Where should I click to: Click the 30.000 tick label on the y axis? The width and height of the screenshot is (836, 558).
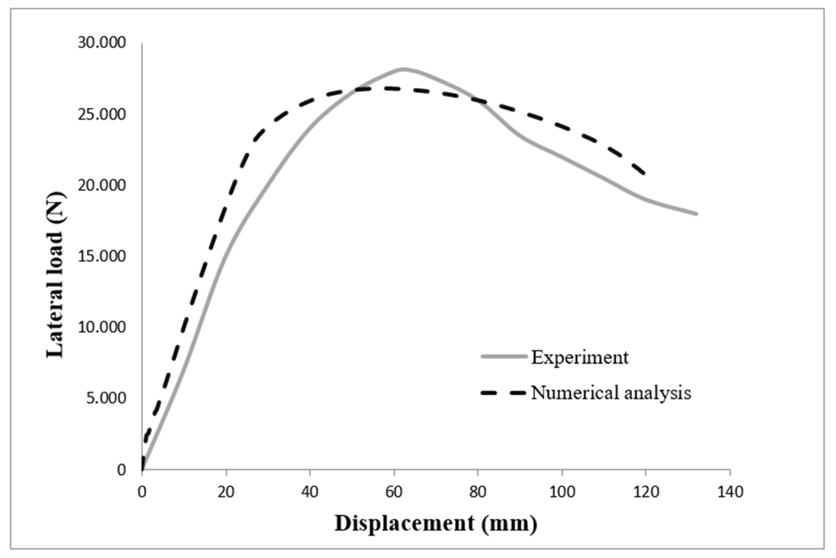coord(102,43)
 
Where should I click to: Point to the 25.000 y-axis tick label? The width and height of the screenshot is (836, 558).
coord(102,115)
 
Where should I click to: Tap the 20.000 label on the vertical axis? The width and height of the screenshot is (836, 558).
coord(102,185)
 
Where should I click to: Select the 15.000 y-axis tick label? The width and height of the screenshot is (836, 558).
coord(102,256)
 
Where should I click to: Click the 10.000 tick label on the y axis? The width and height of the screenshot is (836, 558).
coord(102,327)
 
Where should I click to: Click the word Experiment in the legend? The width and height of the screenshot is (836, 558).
coord(580,357)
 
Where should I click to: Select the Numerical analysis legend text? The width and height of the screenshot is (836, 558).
coord(611,393)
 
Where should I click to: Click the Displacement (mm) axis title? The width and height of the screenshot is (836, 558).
coord(436,523)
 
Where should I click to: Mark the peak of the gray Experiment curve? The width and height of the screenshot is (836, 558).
coord(404,69)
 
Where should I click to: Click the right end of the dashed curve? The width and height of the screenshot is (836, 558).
coord(644,174)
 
